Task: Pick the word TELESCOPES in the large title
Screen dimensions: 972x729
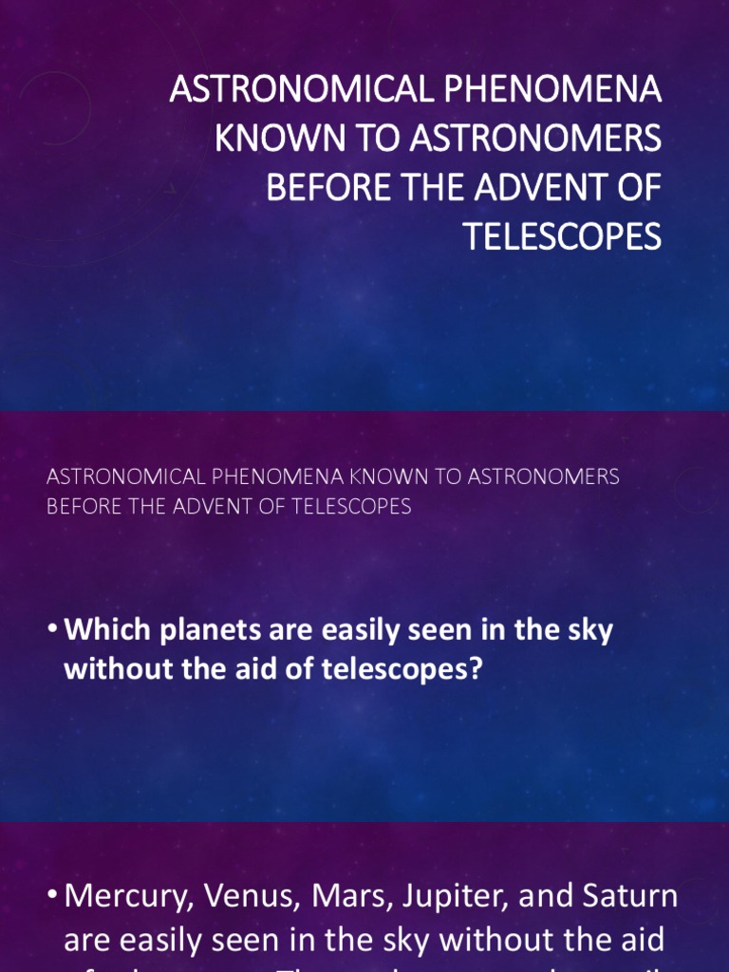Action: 562,235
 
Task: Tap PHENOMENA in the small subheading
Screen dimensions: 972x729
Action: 279,477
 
